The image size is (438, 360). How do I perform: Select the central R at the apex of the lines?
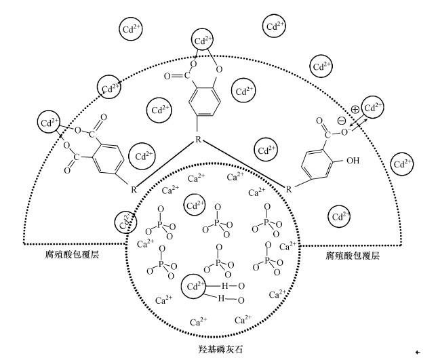coord(198,139)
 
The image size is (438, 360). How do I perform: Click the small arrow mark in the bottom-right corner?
coord(425,352)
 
